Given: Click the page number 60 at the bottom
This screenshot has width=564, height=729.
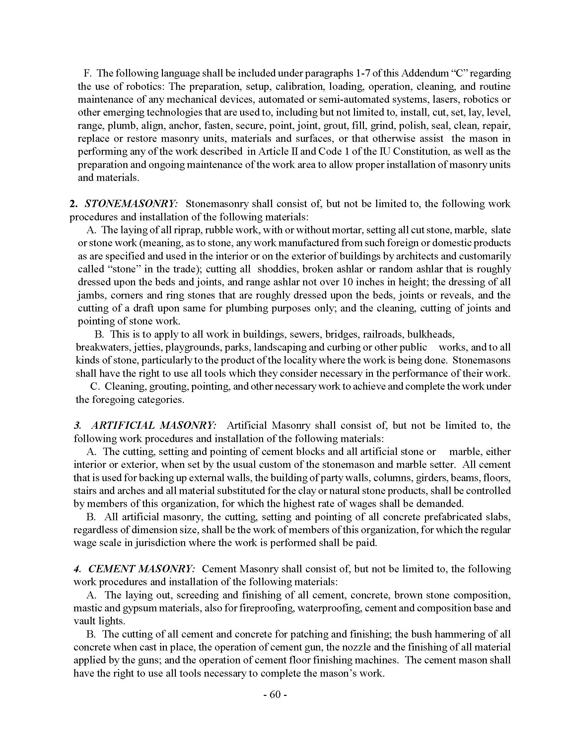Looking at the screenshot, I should click(275, 695).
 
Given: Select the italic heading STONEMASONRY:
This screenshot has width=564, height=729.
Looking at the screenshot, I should click(131, 204).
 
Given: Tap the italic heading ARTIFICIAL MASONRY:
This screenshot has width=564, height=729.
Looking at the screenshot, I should click(154, 425).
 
